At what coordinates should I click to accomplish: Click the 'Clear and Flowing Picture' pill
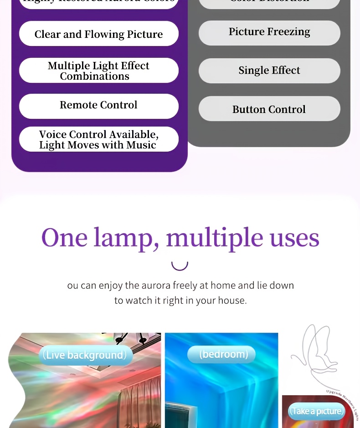(x=98, y=34)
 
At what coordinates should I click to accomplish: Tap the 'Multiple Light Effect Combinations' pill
(x=98, y=71)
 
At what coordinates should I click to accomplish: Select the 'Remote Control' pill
(x=98, y=105)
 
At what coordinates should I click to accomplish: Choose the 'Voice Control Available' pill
(x=98, y=139)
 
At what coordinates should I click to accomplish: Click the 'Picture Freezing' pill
(x=269, y=32)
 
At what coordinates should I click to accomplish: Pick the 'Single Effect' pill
(x=269, y=71)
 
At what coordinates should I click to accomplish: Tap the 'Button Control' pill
(x=269, y=109)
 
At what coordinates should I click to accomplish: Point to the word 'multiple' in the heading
(x=215, y=238)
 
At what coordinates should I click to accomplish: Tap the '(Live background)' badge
(x=85, y=355)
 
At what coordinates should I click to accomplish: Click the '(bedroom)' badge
(x=221, y=354)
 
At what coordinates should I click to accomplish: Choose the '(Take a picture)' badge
(x=317, y=411)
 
